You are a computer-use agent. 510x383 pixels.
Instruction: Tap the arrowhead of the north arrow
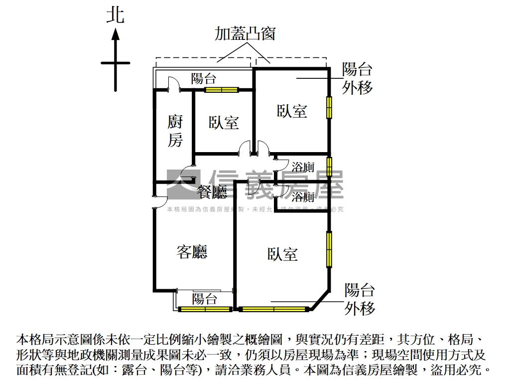coord(115,34)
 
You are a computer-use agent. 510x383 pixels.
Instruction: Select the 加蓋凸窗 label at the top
coord(245,33)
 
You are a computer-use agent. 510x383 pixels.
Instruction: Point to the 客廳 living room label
coord(192,252)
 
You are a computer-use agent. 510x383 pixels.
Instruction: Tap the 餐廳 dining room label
coord(212,191)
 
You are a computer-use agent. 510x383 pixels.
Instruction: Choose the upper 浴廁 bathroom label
coord(303,167)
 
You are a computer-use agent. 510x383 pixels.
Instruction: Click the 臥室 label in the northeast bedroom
coord(292,111)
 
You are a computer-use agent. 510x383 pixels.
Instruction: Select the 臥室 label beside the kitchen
coord(224,122)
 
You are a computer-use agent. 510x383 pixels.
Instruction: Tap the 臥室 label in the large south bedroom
coord(282,254)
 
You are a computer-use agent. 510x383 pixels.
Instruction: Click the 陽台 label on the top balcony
coord(204,78)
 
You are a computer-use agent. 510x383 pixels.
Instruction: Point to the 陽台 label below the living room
coord(205,299)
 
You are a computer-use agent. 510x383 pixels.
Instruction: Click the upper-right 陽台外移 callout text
coord(357,79)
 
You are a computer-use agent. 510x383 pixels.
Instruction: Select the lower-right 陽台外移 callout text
coord(359,299)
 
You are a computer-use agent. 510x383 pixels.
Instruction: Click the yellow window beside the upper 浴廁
coord(329,167)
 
